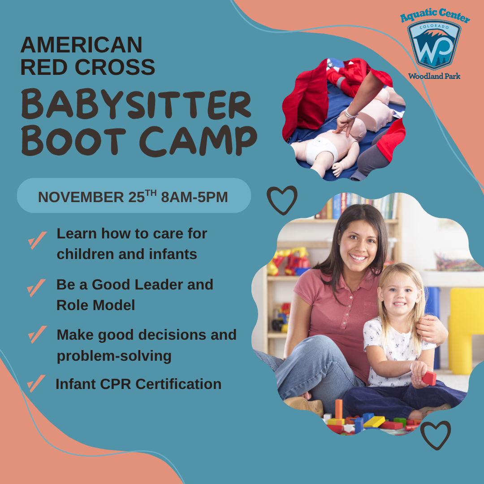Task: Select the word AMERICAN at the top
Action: tap(81, 45)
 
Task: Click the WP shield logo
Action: tap(434, 45)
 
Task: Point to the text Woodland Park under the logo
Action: tap(434, 76)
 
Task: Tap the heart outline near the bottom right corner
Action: tap(435, 434)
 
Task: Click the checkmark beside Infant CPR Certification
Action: tap(36, 383)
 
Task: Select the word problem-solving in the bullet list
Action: tap(114, 356)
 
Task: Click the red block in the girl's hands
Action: tap(428, 378)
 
